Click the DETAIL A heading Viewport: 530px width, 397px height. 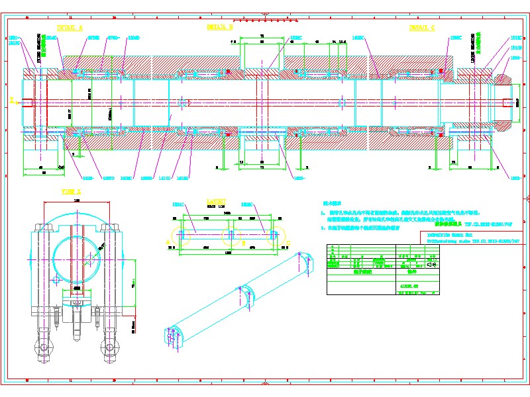pos(70,28)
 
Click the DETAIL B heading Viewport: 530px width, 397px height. pos(220,28)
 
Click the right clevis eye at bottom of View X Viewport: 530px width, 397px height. pos(109,347)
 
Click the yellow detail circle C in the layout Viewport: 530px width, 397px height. pos(275,236)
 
